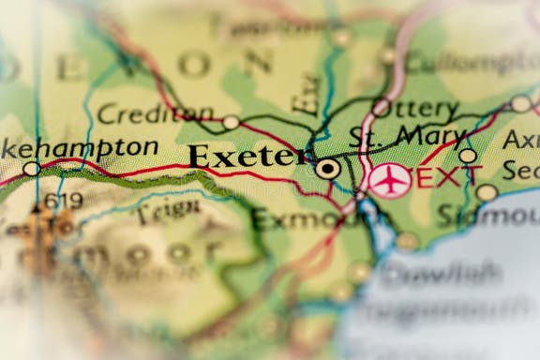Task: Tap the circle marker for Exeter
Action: (327, 169)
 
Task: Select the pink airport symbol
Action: (389, 179)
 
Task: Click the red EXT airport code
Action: (449, 176)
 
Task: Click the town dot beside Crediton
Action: (230, 122)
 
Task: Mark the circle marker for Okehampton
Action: (31, 169)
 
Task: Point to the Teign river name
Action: (168, 211)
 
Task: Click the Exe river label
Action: (306, 94)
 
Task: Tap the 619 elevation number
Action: (62, 201)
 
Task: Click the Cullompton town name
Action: (472, 62)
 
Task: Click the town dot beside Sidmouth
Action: (487, 192)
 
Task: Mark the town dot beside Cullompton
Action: (387, 55)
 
